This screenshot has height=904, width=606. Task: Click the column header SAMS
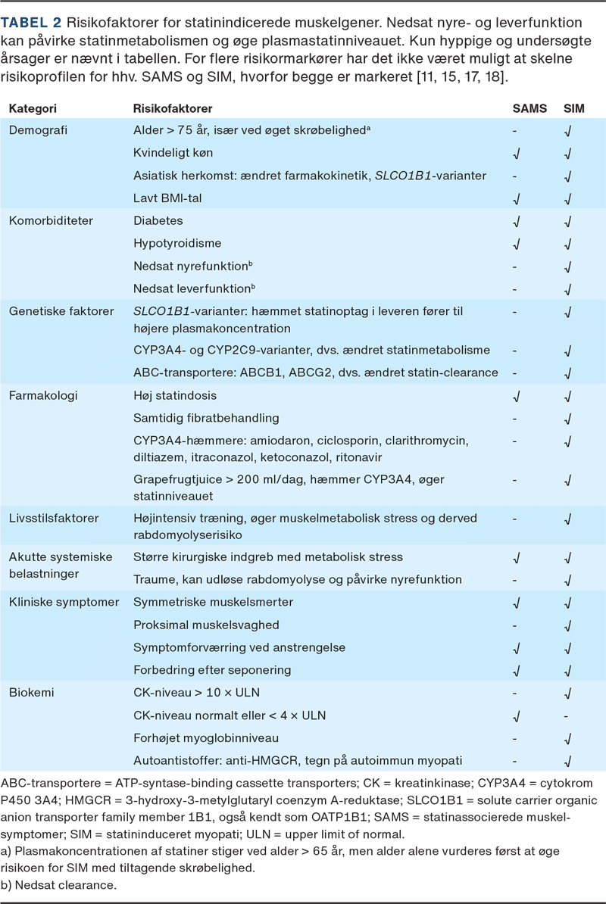click(529, 108)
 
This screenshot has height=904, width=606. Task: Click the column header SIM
click(573, 108)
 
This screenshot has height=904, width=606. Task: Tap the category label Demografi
click(38, 130)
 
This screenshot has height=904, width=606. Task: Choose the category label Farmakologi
click(43, 395)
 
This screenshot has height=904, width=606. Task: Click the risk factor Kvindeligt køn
click(173, 153)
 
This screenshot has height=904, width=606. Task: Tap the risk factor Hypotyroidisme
click(176, 244)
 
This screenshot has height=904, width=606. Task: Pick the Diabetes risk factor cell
click(158, 221)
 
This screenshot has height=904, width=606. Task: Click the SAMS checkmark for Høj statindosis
click(516, 396)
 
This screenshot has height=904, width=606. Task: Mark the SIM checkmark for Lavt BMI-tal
click(568, 199)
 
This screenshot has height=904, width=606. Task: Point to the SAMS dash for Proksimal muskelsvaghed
click(515, 625)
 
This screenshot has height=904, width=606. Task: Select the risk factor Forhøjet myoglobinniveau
click(206, 737)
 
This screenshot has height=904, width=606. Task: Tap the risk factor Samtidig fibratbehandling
click(206, 418)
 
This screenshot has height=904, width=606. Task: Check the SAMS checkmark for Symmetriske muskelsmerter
click(516, 603)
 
